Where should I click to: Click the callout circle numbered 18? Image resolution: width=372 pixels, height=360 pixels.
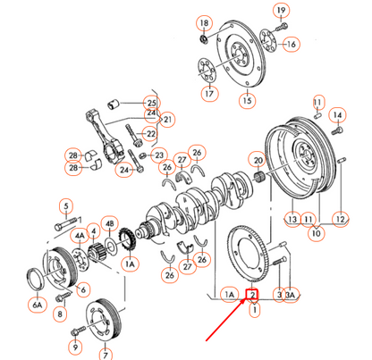point(204,21)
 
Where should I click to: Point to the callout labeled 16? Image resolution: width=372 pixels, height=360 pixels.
point(292,43)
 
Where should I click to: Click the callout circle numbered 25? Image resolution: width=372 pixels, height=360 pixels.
point(151,104)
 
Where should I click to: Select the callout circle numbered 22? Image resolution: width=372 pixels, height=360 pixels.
point(151,134)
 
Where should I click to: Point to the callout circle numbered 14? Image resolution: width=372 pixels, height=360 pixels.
point(337,114)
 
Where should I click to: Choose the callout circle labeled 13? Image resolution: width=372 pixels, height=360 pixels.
point(292,218)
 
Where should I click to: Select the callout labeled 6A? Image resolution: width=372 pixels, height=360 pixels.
point(38,305)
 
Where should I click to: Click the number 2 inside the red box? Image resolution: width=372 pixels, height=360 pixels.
point(253,294)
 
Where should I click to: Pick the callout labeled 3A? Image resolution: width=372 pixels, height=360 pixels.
point(290,294)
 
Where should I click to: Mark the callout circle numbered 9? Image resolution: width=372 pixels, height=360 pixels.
point(75,345)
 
